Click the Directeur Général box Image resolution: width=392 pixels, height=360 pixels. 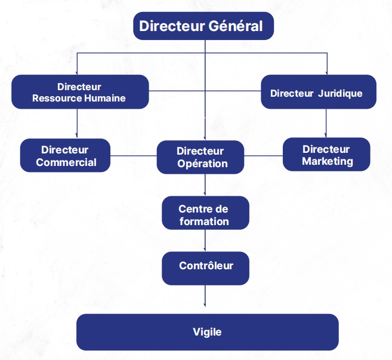pyautogui.click(x=203, y=27)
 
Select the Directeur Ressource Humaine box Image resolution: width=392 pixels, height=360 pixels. pyautogui.click(x=79, y=92)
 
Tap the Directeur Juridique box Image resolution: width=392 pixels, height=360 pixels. pyautogui.click(x=318, y=92)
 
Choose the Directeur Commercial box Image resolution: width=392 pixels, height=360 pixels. pyautogui.click(x=66, y=156)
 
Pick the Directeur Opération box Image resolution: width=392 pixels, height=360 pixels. pyautogui.click(x=200, y=157)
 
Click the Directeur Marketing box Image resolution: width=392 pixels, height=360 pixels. pyautogui.click(x=326, y=155)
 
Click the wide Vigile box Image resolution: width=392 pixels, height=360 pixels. pyautogui.click(x=207, y=332)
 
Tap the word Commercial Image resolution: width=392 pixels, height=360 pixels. pyautogui.click(x=66, y=162)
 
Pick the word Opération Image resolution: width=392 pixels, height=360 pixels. pyautogui.click(x=202, y=164)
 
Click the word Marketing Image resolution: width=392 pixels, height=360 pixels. pyautogui.click(x=327, y=161)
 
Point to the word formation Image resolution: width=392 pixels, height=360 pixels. pyautogui.click(x=203, y=221)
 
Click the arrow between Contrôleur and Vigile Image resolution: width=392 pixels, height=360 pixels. pyautogui.click(x=205, y=299)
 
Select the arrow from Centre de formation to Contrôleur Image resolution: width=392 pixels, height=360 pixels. pyautogui.click(x=205, y=241)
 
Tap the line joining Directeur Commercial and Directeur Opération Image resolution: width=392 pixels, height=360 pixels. pyautogui.click(x=134, y=157)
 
